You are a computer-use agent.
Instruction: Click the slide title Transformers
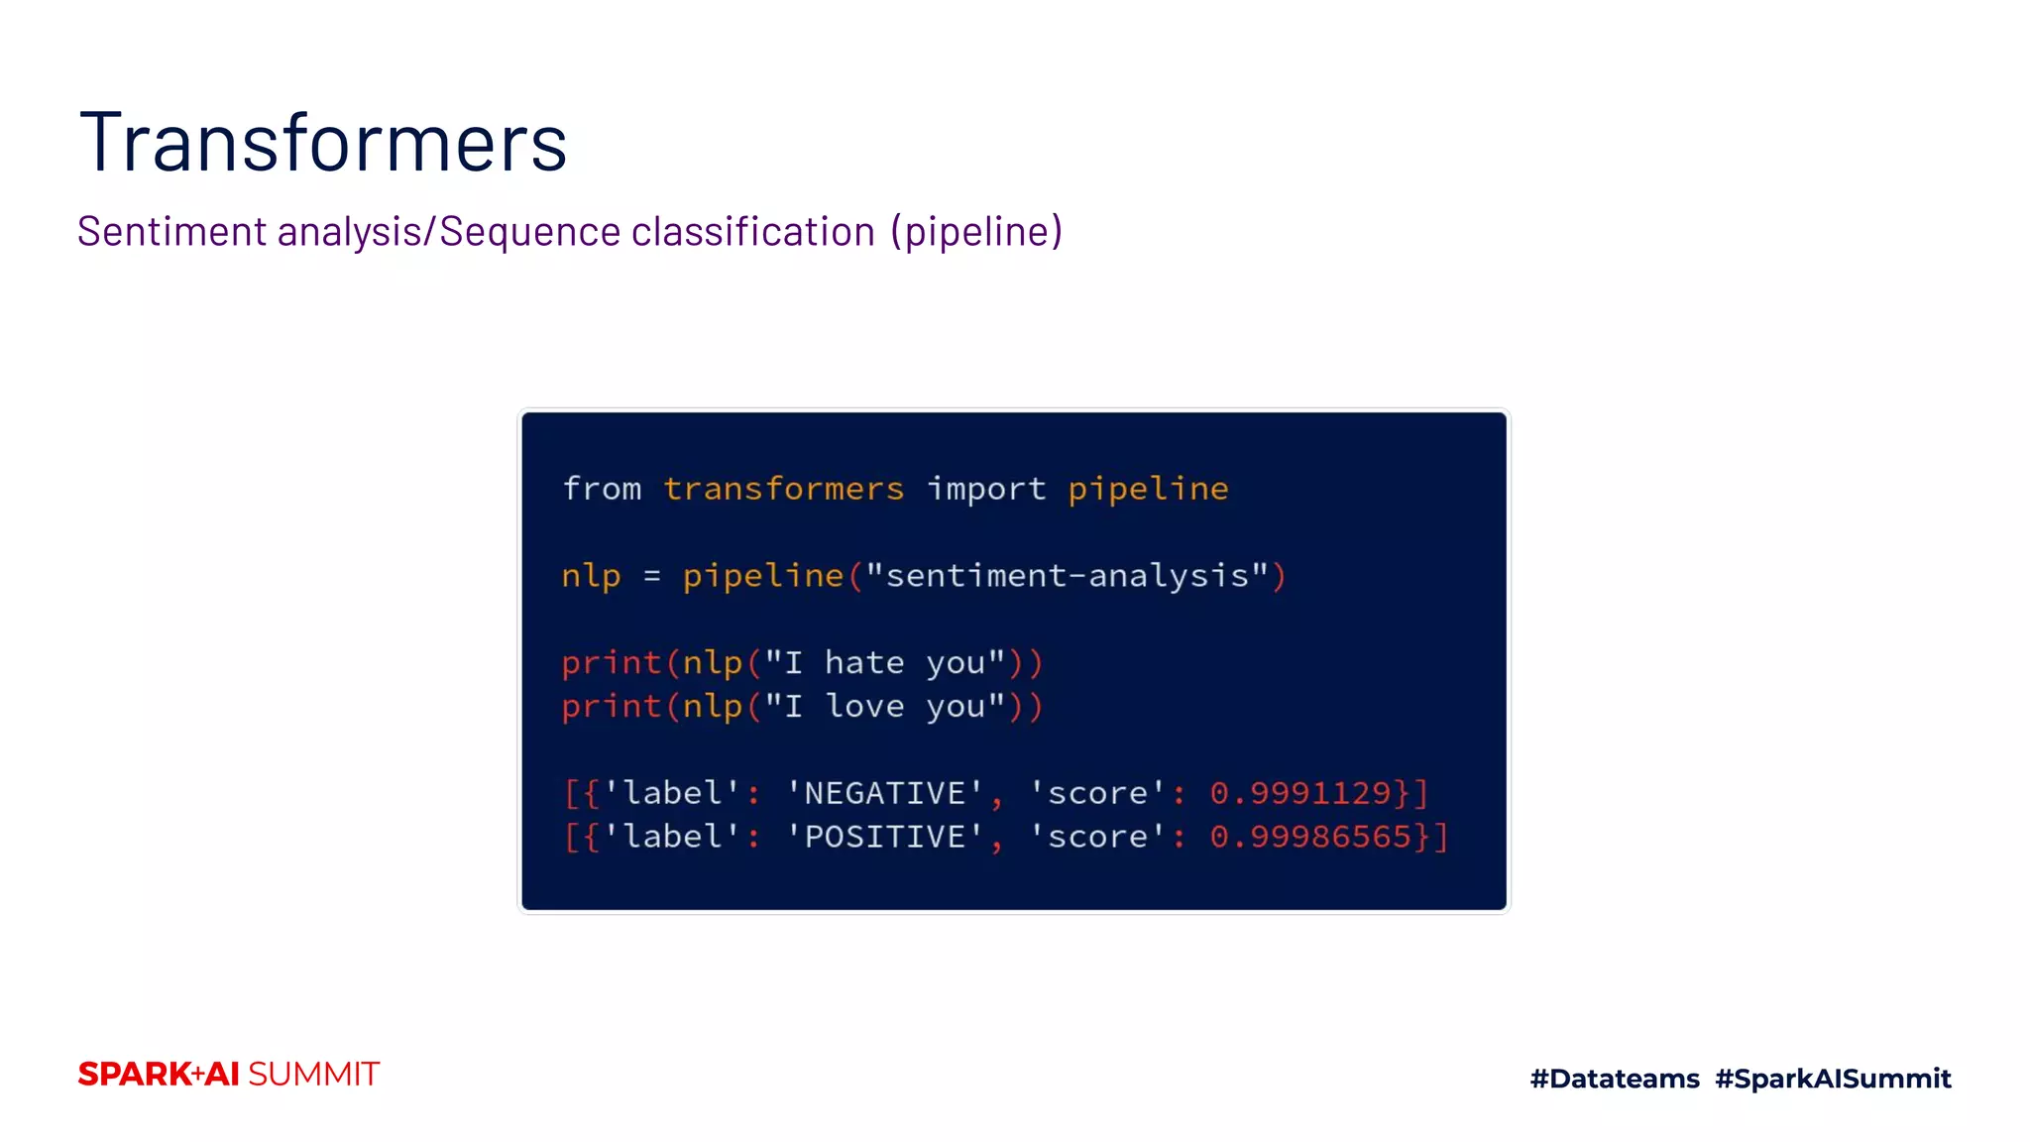[x=323, y=143]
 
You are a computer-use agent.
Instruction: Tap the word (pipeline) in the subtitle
[x=976, y=232]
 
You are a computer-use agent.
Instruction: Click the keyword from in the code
[x=602, y=489]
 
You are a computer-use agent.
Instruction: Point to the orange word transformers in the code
[x=783, y=489]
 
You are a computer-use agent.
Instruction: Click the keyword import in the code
[x=986, y=489]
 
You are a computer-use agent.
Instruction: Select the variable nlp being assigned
[x=591, y=576]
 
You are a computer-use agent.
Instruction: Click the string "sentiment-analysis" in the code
[x=1068, y=576]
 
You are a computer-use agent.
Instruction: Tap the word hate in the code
[x=864, y=662]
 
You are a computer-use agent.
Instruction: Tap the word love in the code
[x=864, y=706]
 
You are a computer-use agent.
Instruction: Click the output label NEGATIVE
[x=884, y=793]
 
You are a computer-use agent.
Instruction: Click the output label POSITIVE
[x=884, y=837]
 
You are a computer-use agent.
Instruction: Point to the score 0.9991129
[x=1300, y=793]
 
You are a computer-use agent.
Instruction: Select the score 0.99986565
[x=1310, y=837]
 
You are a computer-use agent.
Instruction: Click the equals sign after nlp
[x=651, y=576]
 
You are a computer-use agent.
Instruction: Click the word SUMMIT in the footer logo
[x=313, y=1075]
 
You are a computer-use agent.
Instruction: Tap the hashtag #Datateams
[x=1615, y=1079]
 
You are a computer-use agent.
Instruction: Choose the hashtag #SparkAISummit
[x=1833, y=1079]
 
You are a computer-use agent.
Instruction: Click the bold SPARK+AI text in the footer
[x=159, y=1075]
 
